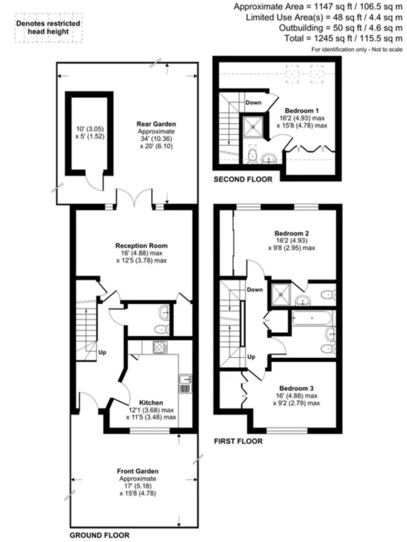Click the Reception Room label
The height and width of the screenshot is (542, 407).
(141, 246)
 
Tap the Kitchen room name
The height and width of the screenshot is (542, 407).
(151, 403)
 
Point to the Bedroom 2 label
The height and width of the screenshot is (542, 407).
(292, 233)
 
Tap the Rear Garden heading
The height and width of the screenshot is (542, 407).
(156, 124)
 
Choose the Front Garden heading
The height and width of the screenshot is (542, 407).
(137, 471)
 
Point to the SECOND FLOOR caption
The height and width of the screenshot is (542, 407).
(243, 179)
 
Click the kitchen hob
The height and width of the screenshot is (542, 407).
(160, 347)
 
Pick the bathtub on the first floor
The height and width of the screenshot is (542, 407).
(313, 318)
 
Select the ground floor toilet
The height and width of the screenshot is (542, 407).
(162, 329)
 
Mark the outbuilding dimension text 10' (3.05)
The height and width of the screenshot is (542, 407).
(90, 129)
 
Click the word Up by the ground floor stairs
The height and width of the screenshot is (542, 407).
(102, 352)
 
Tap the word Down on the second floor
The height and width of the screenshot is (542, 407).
(253, 103)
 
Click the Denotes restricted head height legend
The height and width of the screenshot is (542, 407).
(48, 27)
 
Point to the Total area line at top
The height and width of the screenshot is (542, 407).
(343, 38)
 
